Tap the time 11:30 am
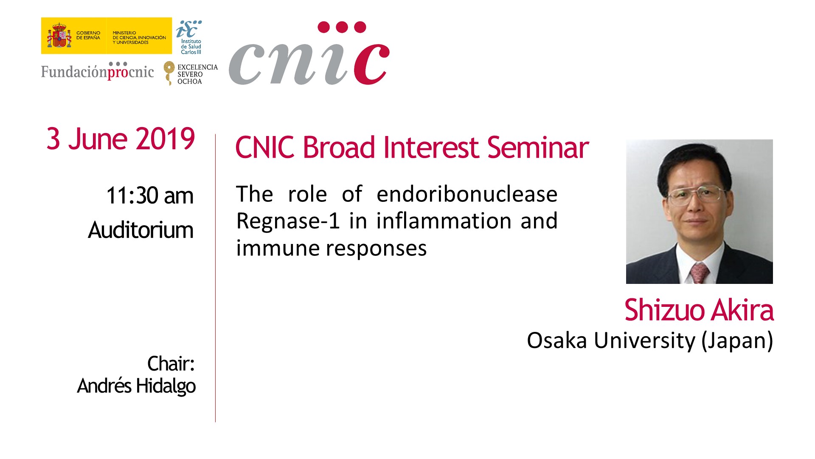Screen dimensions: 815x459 [150, 195]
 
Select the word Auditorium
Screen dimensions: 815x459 [141, 230]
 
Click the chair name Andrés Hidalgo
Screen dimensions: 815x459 [136, 386]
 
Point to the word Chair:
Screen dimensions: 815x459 [171, 364]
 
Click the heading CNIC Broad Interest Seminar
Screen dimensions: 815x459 [412, 147]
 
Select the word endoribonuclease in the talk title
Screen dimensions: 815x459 [467, 194]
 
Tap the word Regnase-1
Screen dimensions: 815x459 [288, 221]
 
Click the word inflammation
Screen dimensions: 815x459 [444, 221]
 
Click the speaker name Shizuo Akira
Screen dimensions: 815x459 [699, 310]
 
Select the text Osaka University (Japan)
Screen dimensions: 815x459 [650, 341]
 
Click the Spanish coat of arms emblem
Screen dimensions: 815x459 [59, 36]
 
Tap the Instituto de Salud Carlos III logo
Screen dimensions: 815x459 [189, 37]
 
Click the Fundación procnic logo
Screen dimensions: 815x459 [98, 71]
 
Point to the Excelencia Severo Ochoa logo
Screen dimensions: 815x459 [191, 74]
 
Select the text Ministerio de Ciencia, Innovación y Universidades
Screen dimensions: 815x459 [139, 37]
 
